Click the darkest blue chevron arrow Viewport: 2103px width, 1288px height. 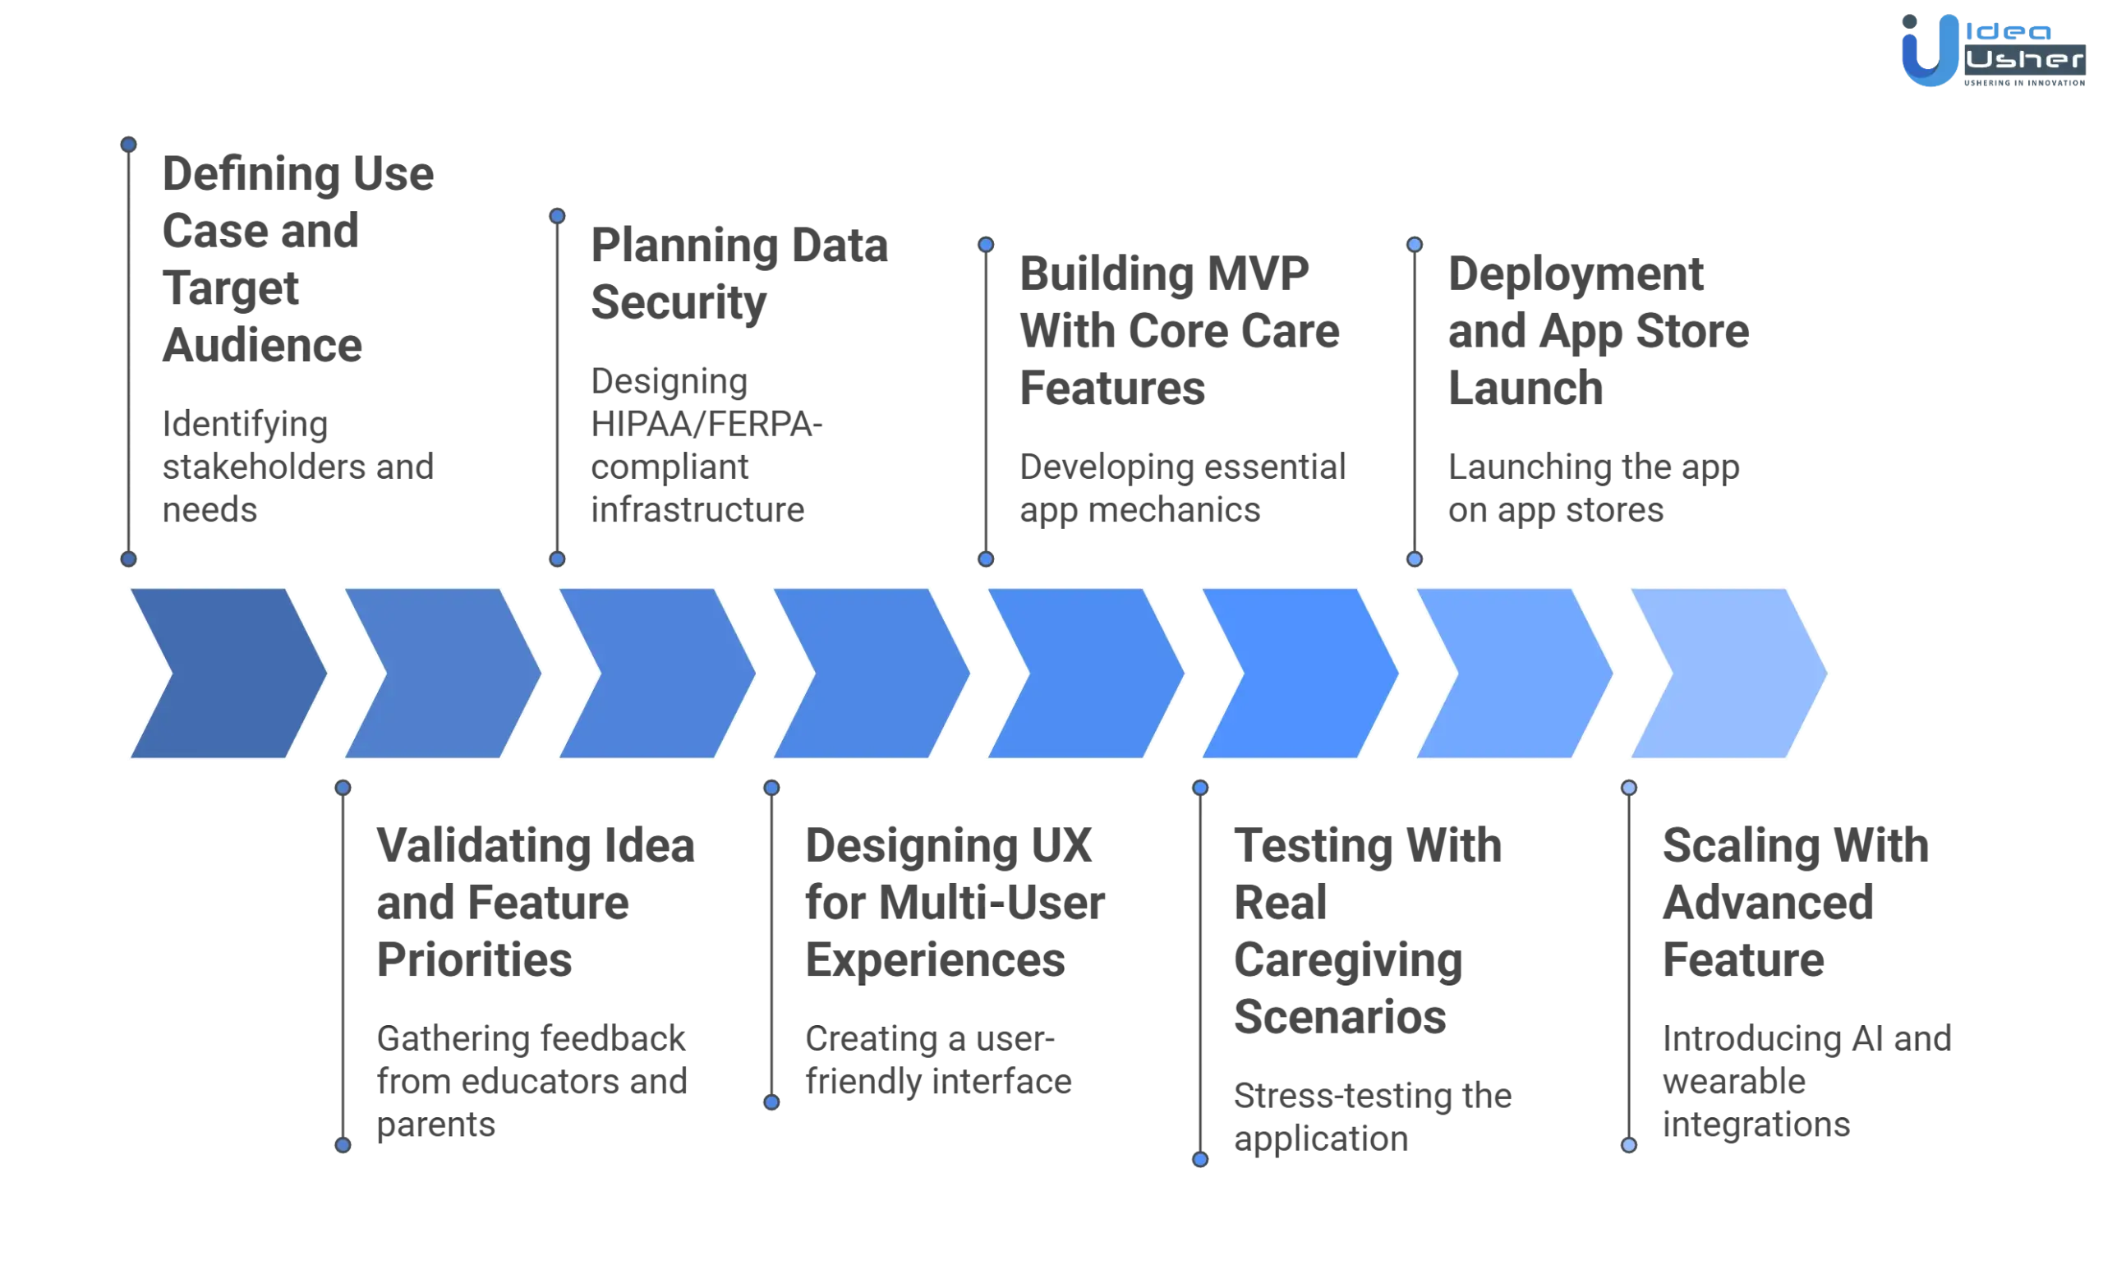click(226, 673)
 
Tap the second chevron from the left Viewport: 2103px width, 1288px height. click(440, 673)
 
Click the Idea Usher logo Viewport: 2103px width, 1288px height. click(1993, 53)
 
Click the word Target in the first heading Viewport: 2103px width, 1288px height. click(232, 289)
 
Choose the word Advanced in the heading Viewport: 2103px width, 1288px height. click(1766, 902)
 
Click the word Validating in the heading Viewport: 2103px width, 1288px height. click(482, 846)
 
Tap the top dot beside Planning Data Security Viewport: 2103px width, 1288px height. click(557, 216)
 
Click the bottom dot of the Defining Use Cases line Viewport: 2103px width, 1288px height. click(128, 560)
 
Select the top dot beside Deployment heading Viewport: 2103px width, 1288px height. click(1415, 245)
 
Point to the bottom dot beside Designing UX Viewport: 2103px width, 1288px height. click(771, 1102)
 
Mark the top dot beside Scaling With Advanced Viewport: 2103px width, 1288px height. click(1628, 787)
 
